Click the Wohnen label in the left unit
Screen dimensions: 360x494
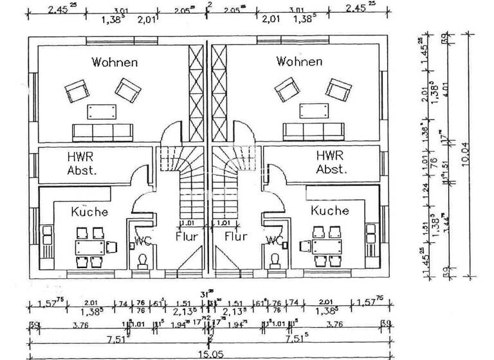click(114, 62)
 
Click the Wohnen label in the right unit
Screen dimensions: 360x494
click(299, 62)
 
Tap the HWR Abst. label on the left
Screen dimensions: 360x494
click(82, 163)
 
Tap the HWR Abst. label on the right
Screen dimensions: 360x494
click(332, 163)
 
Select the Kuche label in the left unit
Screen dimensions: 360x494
click(89, 212)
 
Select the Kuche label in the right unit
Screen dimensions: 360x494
click(329, 210)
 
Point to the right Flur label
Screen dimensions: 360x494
click(236, 237)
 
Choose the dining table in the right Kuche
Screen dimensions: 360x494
click(322, 247)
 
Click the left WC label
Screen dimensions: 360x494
click(142, 242)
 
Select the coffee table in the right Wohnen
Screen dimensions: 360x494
click(308, 110)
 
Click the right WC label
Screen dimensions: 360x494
click(275, 241)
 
